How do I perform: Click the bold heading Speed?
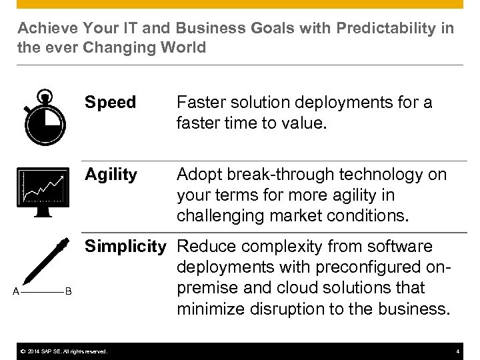110,103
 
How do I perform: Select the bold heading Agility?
111,175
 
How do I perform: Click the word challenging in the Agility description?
220,215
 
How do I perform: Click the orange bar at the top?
240,4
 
